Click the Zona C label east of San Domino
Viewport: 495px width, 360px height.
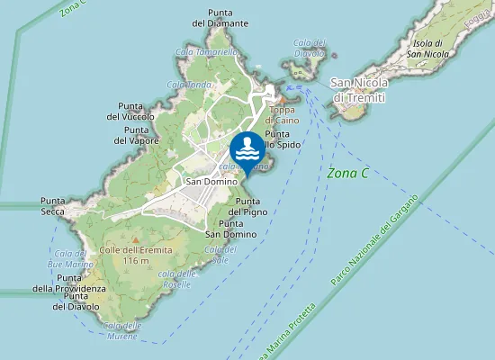[349, 172]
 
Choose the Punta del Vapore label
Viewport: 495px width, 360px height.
[136, 135]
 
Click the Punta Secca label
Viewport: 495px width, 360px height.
[52, 205]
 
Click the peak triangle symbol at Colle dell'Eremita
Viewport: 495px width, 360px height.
[136, 239]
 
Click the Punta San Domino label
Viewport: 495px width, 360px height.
[237, 229]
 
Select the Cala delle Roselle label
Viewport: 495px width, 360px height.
[176, 279]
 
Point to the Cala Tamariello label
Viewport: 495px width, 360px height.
[207, 52]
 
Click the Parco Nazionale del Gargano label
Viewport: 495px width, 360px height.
[373, 241]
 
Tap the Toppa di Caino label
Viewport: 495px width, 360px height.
[283, 114]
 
